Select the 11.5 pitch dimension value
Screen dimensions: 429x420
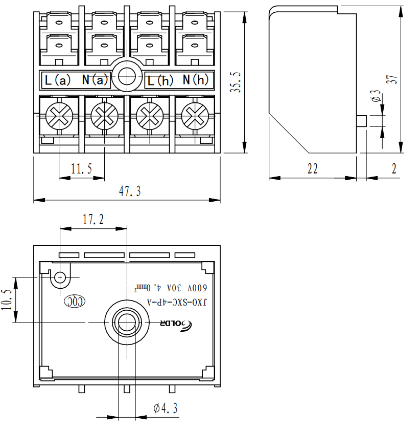81,169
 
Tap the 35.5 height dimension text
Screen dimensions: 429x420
235,82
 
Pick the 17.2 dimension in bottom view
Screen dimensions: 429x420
93,220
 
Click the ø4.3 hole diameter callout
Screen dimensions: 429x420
165,409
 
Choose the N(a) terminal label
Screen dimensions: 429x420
96,80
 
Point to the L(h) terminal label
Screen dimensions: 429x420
160,80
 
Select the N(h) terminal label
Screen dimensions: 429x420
196,80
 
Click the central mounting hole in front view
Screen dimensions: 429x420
126,77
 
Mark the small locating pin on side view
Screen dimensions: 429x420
362,121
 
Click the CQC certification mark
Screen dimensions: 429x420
75,302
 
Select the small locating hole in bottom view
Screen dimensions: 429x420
60,277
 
